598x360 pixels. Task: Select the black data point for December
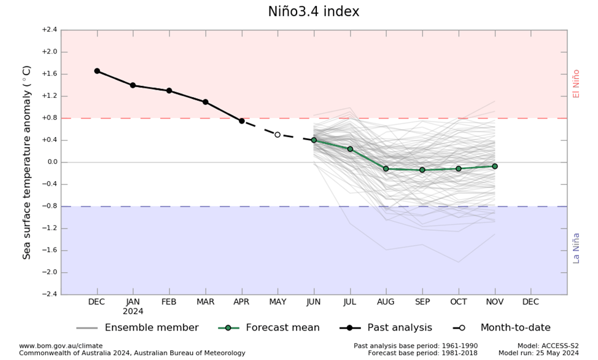[97, 71]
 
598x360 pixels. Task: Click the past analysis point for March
[206, 102]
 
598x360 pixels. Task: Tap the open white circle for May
[278, 135]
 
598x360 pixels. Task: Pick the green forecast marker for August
[386, 168]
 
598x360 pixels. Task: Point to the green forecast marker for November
[495, 166]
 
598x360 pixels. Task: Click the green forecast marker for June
[314, 140]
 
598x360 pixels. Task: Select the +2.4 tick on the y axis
[49, 29]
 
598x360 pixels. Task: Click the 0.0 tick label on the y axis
[50, 162]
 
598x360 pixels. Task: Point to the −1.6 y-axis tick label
[49, 251]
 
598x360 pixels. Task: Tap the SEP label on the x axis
[422, 302]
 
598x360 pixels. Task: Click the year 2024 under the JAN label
[133, 311]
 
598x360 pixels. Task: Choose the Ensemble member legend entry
[138, 327]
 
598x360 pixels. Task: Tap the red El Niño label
[576, 84]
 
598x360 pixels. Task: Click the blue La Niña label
[576, 248]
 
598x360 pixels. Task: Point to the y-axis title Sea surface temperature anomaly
[27, 162]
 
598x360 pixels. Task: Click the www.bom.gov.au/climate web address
[61, 346]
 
